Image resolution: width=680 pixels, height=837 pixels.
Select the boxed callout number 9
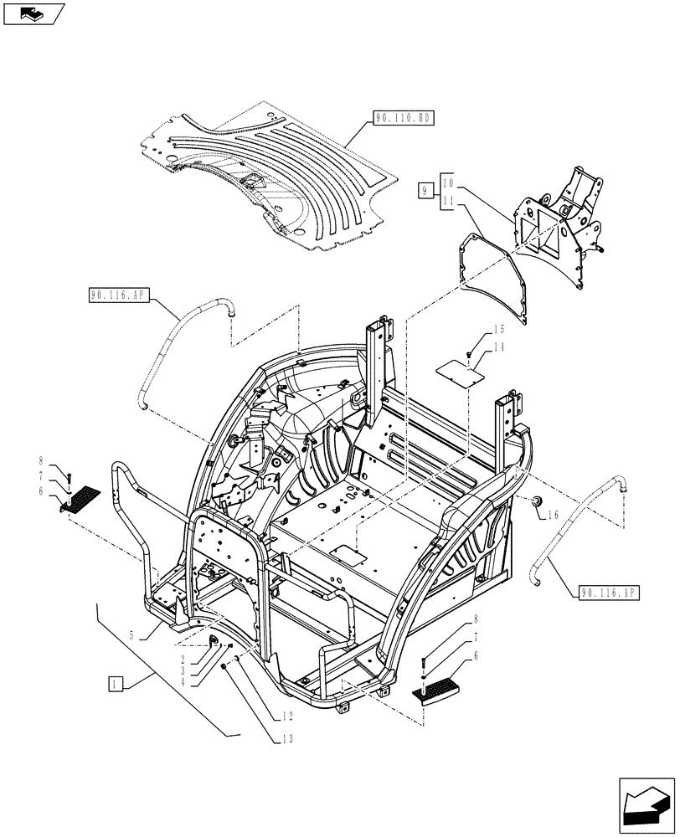(426, 192)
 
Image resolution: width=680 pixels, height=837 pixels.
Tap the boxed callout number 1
(116, 684)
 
